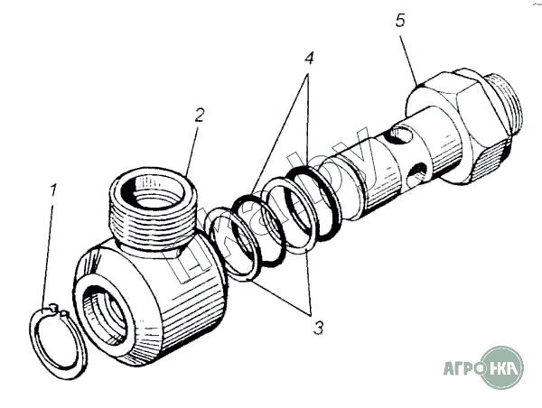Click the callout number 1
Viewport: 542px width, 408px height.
click(53, 190)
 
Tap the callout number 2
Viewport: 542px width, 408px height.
click(200, 115)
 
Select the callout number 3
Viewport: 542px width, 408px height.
click(317, 328)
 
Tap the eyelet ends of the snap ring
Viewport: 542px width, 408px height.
click(59, 311)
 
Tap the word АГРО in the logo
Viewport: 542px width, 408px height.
click(463, 368)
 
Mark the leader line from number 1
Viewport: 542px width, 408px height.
click(49, 253)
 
